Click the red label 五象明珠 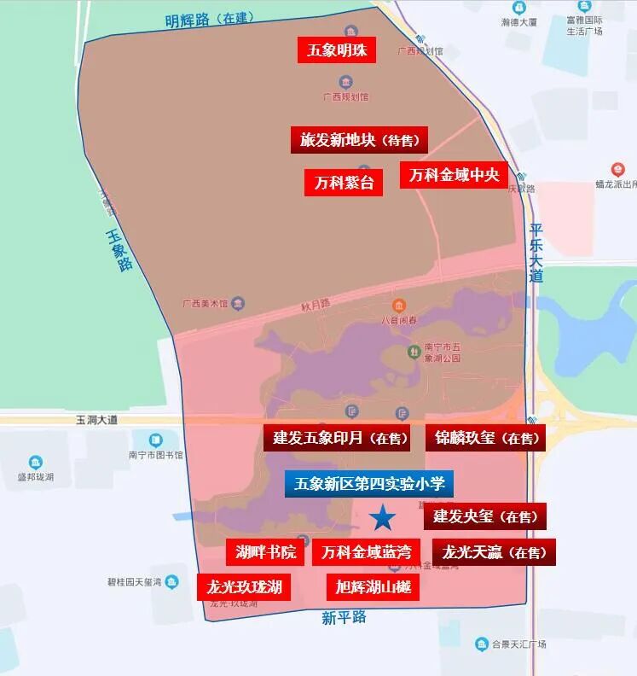337,50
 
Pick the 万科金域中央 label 454,175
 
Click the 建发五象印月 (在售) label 336,438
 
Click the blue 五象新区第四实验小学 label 369,484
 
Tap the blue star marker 382,516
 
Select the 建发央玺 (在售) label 484,516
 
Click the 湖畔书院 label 265,552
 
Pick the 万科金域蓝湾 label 367,552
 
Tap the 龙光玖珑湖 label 244,587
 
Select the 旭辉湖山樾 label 373,587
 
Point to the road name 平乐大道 536,253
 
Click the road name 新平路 344,617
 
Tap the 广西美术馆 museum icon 238,303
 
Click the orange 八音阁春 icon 398,306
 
